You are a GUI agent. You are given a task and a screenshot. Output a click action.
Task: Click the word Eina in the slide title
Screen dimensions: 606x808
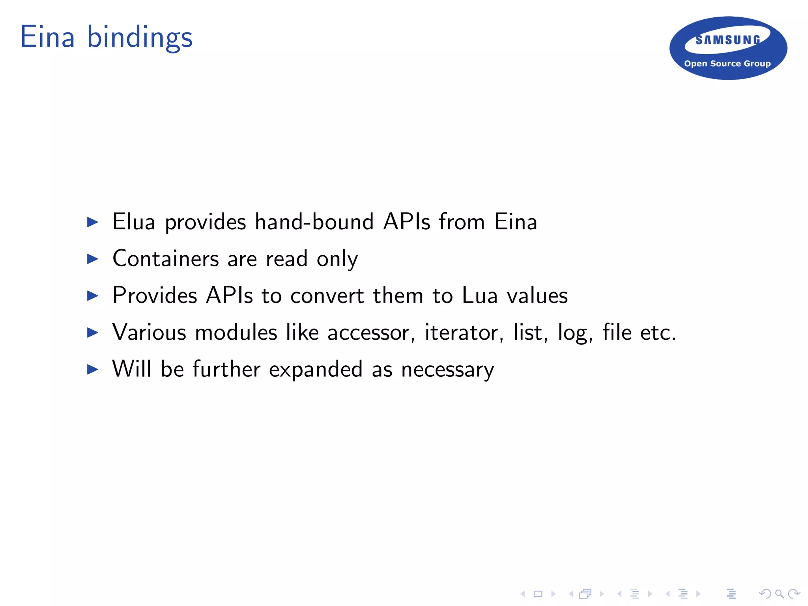click(47, 37)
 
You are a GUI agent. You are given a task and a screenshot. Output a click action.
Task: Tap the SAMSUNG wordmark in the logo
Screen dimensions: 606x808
click(728, 40)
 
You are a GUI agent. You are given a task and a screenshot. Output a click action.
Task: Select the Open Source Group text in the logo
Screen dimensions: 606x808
click(727, 64)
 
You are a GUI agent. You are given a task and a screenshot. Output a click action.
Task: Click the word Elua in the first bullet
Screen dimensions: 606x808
click(134, 222)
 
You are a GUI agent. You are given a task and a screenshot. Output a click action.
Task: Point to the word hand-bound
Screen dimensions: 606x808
click(314, 222)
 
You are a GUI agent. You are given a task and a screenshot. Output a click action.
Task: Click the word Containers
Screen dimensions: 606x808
click(165, 259)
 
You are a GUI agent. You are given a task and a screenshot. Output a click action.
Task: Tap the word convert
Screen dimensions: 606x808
click(327, 296)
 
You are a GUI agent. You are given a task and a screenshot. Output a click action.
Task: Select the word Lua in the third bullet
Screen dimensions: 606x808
click(480, 296)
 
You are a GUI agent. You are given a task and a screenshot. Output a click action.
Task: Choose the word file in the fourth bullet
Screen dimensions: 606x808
click(617, 332)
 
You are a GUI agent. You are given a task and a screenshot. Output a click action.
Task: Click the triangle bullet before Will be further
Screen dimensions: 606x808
click(93, 369)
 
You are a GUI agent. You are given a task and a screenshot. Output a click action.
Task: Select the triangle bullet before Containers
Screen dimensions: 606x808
click(93, 259)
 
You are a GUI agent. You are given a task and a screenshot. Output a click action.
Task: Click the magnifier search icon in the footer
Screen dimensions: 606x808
click(779, 594)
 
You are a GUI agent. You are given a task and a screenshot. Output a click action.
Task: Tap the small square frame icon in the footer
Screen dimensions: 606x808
click(538, 594)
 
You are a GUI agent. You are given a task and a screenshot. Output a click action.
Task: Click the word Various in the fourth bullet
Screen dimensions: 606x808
click(149, 332)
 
